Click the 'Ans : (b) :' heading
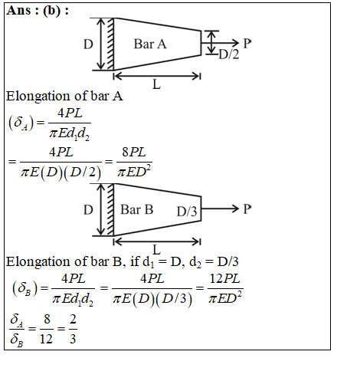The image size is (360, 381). (x=38, y=11)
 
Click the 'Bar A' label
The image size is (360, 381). (x=150, y=44)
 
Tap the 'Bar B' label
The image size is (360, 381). (x=137, y=209)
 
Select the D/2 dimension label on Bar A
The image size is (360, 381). (x=229, y=54)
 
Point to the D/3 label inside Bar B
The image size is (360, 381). (x=187, y=212)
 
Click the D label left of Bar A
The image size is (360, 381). (x=88, y=44)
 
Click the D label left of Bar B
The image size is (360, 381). (x=88, y=210)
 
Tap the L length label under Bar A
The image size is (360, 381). (x=156, y=84)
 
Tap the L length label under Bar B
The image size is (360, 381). (x=156, y=249)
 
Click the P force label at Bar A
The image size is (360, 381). (x=247, y=44)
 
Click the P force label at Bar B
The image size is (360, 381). (x=247, y=209)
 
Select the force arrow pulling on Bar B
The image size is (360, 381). (x=220, y=209)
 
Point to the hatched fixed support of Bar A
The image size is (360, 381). (x=110, y=44)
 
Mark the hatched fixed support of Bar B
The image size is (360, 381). (x=110, y=209)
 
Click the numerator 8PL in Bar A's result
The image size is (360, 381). (x=134, y=152)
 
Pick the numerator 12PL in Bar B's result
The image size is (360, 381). (x=224, y=278)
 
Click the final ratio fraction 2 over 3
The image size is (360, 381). (x=73, y=329)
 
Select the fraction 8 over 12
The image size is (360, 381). (x=47, y=329)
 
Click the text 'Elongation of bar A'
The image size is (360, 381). (x=64, y=97)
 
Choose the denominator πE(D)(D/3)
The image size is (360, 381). (x=152, y=298)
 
